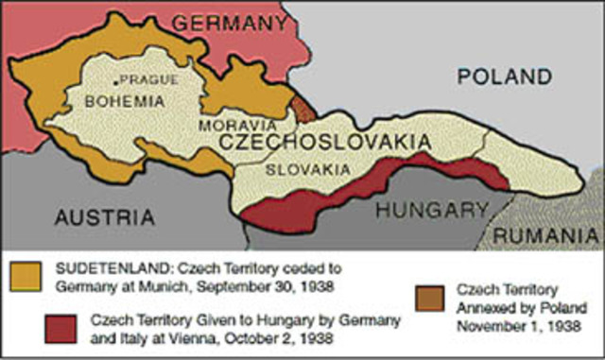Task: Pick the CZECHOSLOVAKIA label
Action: pyautogui.click(x=325, y=143)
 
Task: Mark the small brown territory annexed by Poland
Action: pyautogui.click(x=302, y=109)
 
